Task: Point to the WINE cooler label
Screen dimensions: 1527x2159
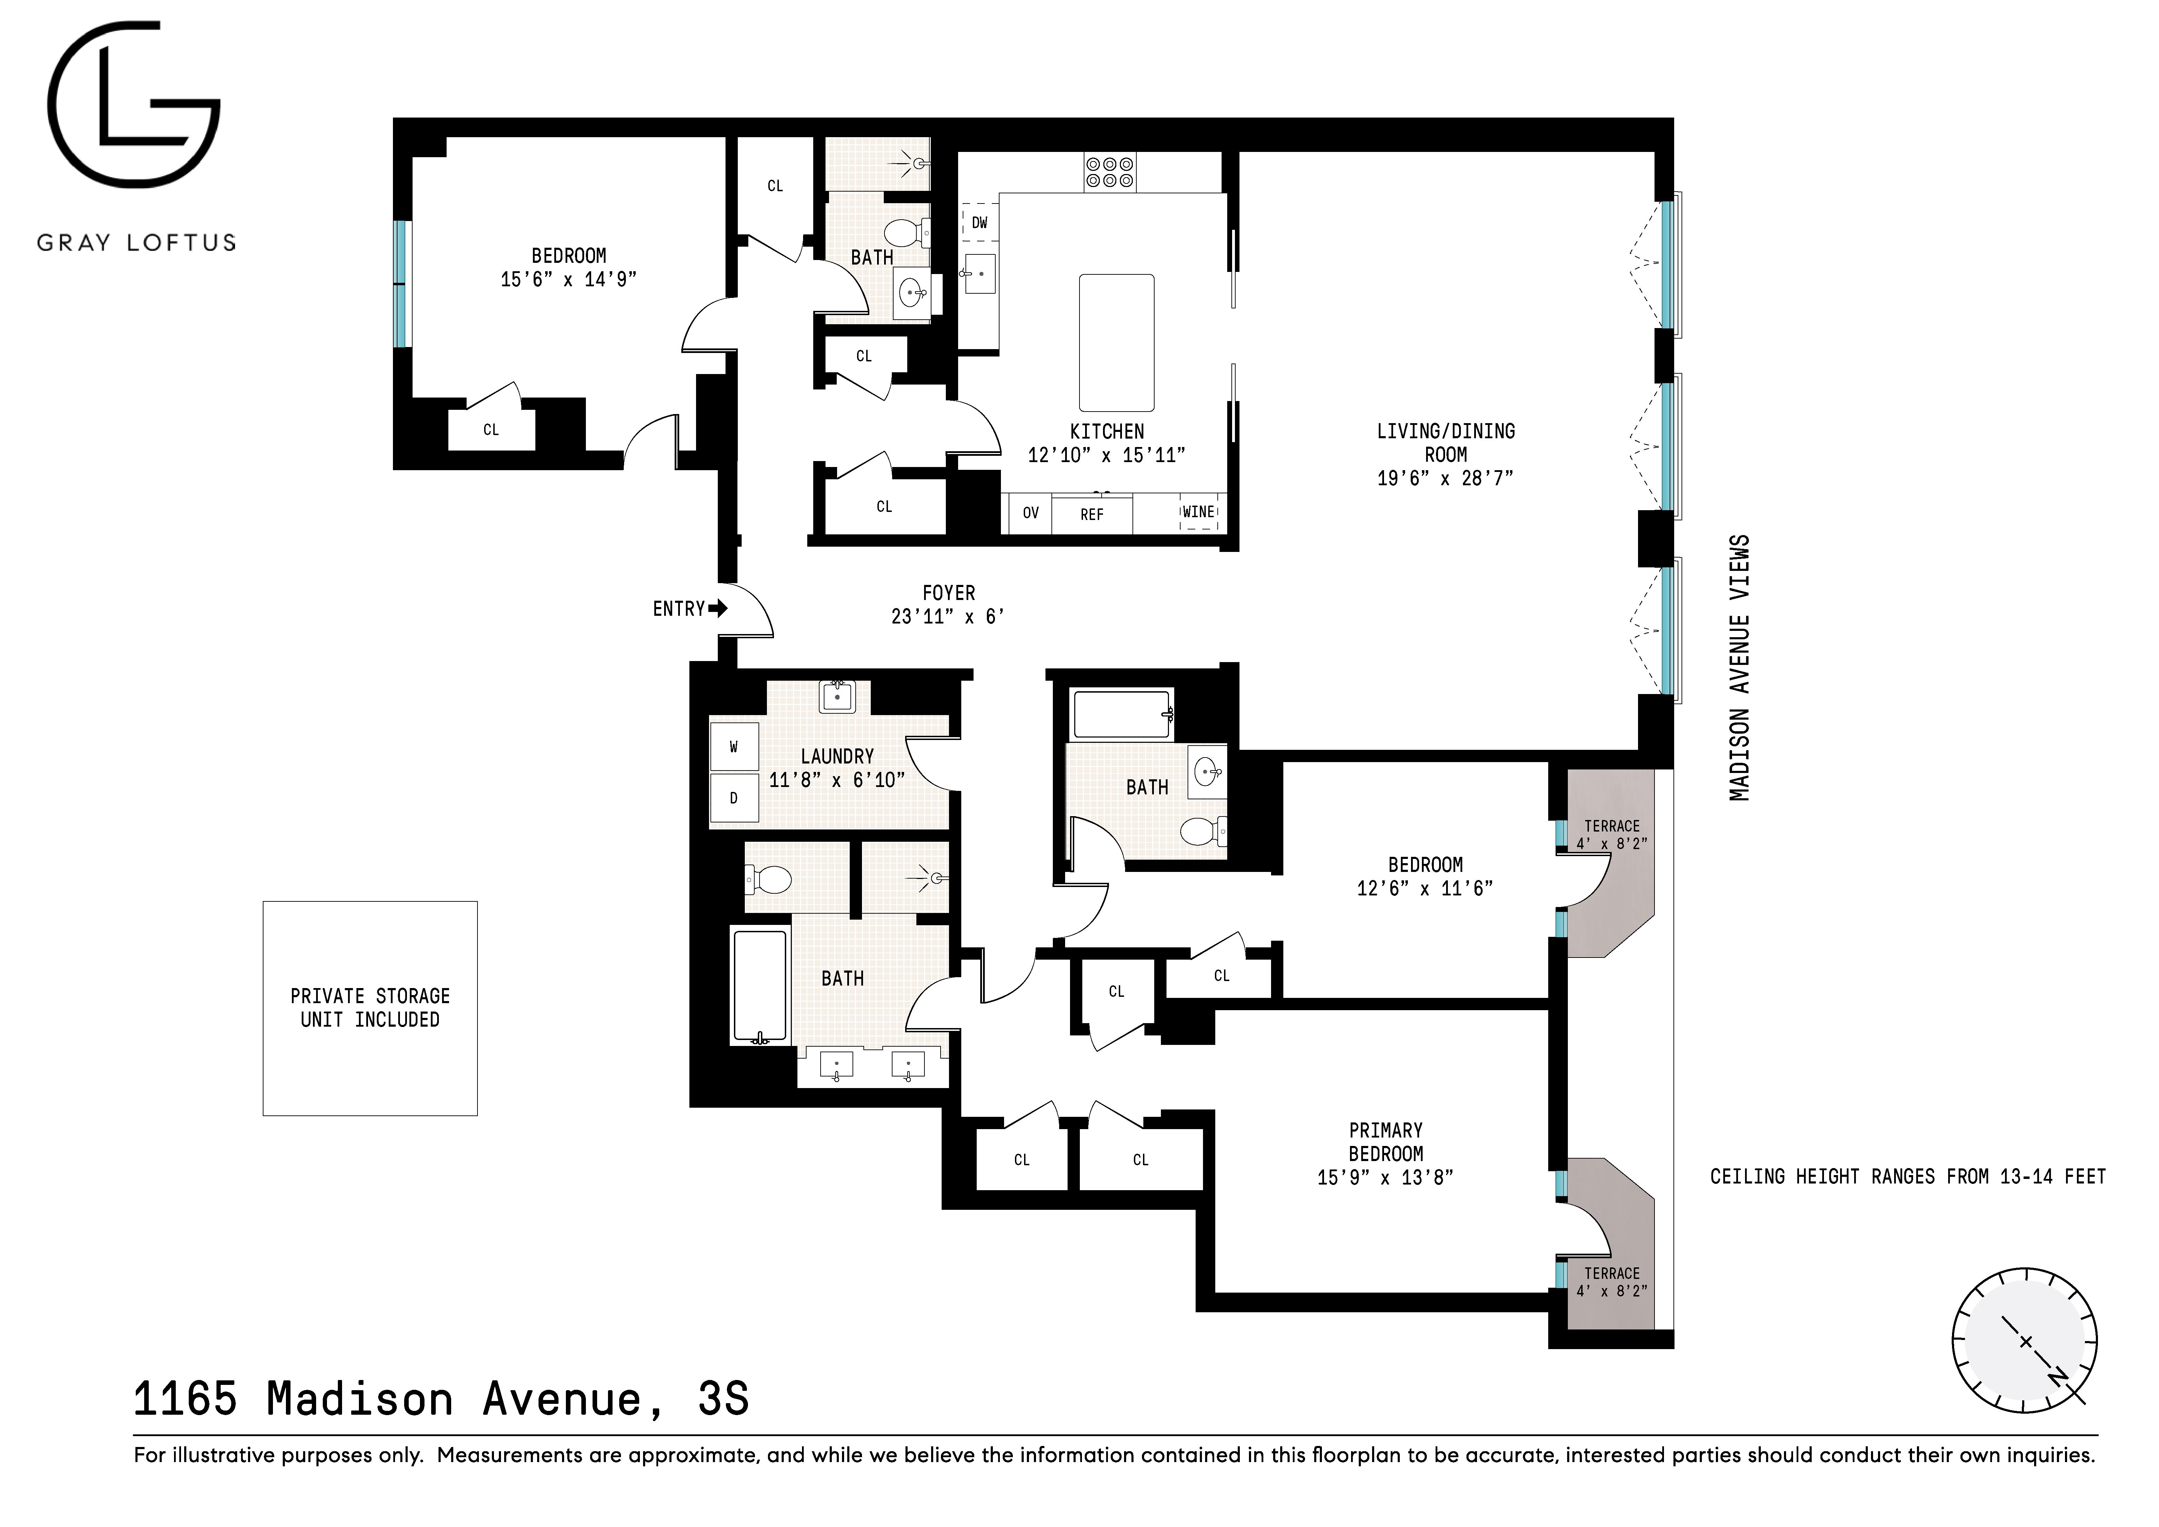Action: click(1198, 512)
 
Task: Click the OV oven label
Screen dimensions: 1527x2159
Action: click(1031, 513)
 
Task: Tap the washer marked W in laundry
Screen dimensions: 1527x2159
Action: click(734, 747)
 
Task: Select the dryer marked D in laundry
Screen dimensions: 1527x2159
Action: click(734, 798)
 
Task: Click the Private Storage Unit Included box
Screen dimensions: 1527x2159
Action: click(369, 1008)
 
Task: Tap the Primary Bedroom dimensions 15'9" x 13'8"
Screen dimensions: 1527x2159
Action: click(1385, 1177)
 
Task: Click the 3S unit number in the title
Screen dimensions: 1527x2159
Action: click(723, 1399)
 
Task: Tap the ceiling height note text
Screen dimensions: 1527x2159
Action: click(1907, 1176)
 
